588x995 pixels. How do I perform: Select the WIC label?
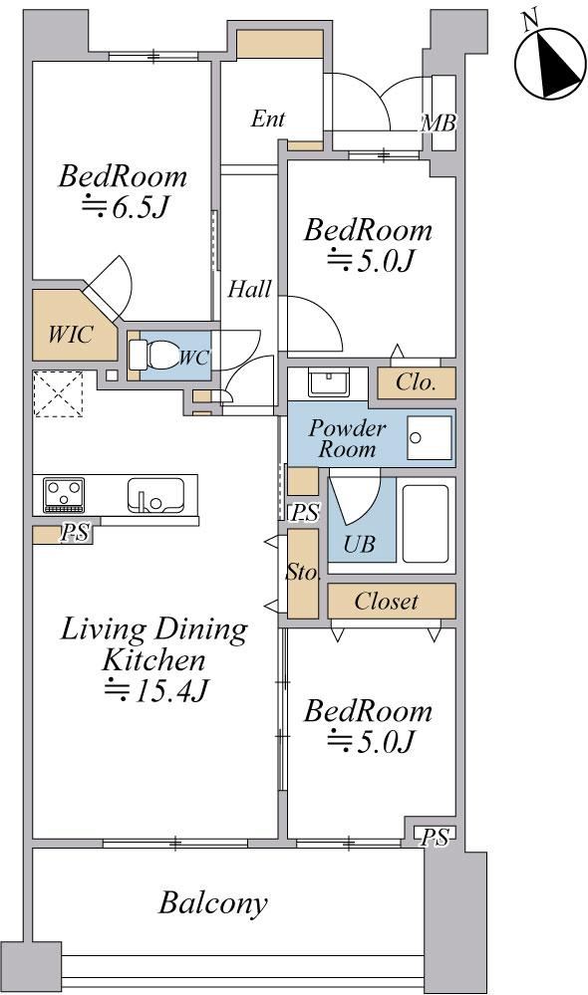pyautogui.click(x=71, y=334)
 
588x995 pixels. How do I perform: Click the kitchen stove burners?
pyautogui.click(x=64, y=495)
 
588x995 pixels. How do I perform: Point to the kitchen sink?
pyautogui.click(x=155, y=495)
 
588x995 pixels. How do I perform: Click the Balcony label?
pyautogui.click(x=212, y=902)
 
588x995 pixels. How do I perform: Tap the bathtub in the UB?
pyautogui.click(x=425, y=524)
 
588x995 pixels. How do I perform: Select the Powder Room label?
pyautogui.click(x=347, y=438)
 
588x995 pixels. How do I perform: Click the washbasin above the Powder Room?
pyautogui.click(x=328, y=382)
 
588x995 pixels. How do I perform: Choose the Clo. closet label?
pyautogui.click(x=416, y=382)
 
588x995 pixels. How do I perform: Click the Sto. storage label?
pyautogui.click(x=302, y=572)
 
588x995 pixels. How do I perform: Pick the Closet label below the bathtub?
pyautogui.click(x=386, y=601)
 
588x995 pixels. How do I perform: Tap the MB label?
pyautogui.click(x=439, y=123)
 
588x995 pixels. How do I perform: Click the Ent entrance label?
pyautogui.click(x=267, y=119)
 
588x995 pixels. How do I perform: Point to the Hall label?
pyautogui.click(x=249, y=290)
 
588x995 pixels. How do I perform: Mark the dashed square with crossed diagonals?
pyautogui.click(x=58, y=394)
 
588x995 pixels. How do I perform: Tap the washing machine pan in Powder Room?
pyautogui.click(x=430, y=438)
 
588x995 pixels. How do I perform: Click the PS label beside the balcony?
pyautogui.click(x=435, y=837)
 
